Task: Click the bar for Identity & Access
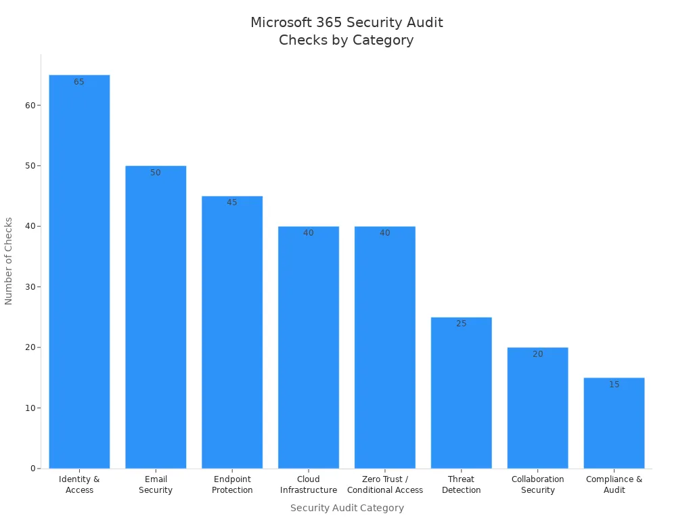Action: [79, 271]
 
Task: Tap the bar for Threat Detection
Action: [461, 393]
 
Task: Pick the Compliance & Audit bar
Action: [614, 423]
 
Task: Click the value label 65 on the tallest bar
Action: [79, 82]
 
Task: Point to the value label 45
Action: [232, 202]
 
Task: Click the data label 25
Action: [461, 324]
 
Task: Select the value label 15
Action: [614, 385]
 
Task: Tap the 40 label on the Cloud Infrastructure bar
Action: [309, 233]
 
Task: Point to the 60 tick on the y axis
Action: [30, 106]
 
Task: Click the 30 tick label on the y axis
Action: [30, 287]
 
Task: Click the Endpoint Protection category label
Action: [232, 485]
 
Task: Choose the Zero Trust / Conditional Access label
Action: [385, 485]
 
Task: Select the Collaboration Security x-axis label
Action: [537, 485]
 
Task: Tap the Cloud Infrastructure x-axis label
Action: [309, 485]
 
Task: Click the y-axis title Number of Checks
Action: [9, 261]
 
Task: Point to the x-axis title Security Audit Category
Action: [346, 508]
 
